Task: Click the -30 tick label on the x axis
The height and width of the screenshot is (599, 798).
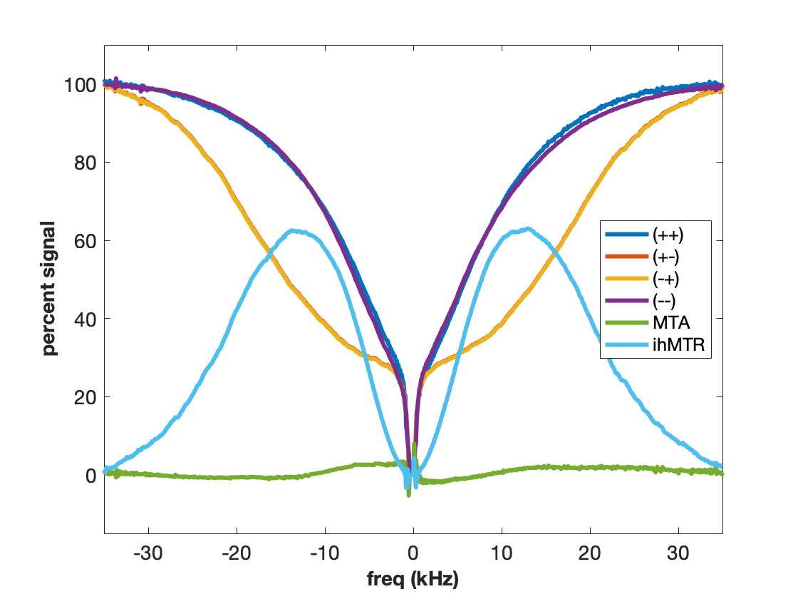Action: [148, 554]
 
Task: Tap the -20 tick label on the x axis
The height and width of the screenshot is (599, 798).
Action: [237, 554]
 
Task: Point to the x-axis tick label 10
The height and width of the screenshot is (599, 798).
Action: [502, 554]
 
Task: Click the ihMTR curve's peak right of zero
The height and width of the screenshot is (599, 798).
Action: [527, 229]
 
